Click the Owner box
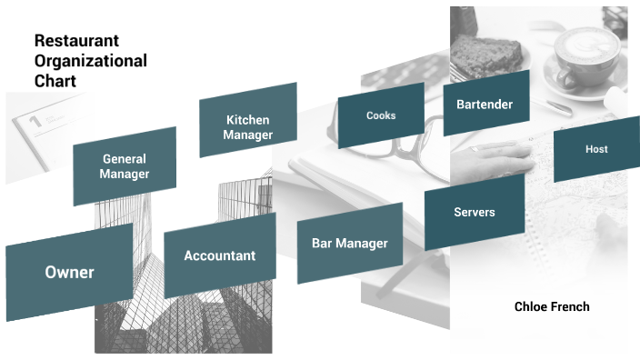point(69,272)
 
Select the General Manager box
point(125,166)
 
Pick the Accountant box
point(219,255)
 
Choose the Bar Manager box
point(349,244)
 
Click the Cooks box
point(381,115)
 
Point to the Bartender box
point(485,104)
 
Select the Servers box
point(474,212)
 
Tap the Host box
point(596,149)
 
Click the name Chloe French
point(551,306)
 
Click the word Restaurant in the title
point(76,41)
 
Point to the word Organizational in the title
point(90,61)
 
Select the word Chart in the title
point(55,81)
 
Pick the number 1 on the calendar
point(35,120)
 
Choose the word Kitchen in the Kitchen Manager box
point(248,120)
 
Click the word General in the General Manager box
point(125,159)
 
